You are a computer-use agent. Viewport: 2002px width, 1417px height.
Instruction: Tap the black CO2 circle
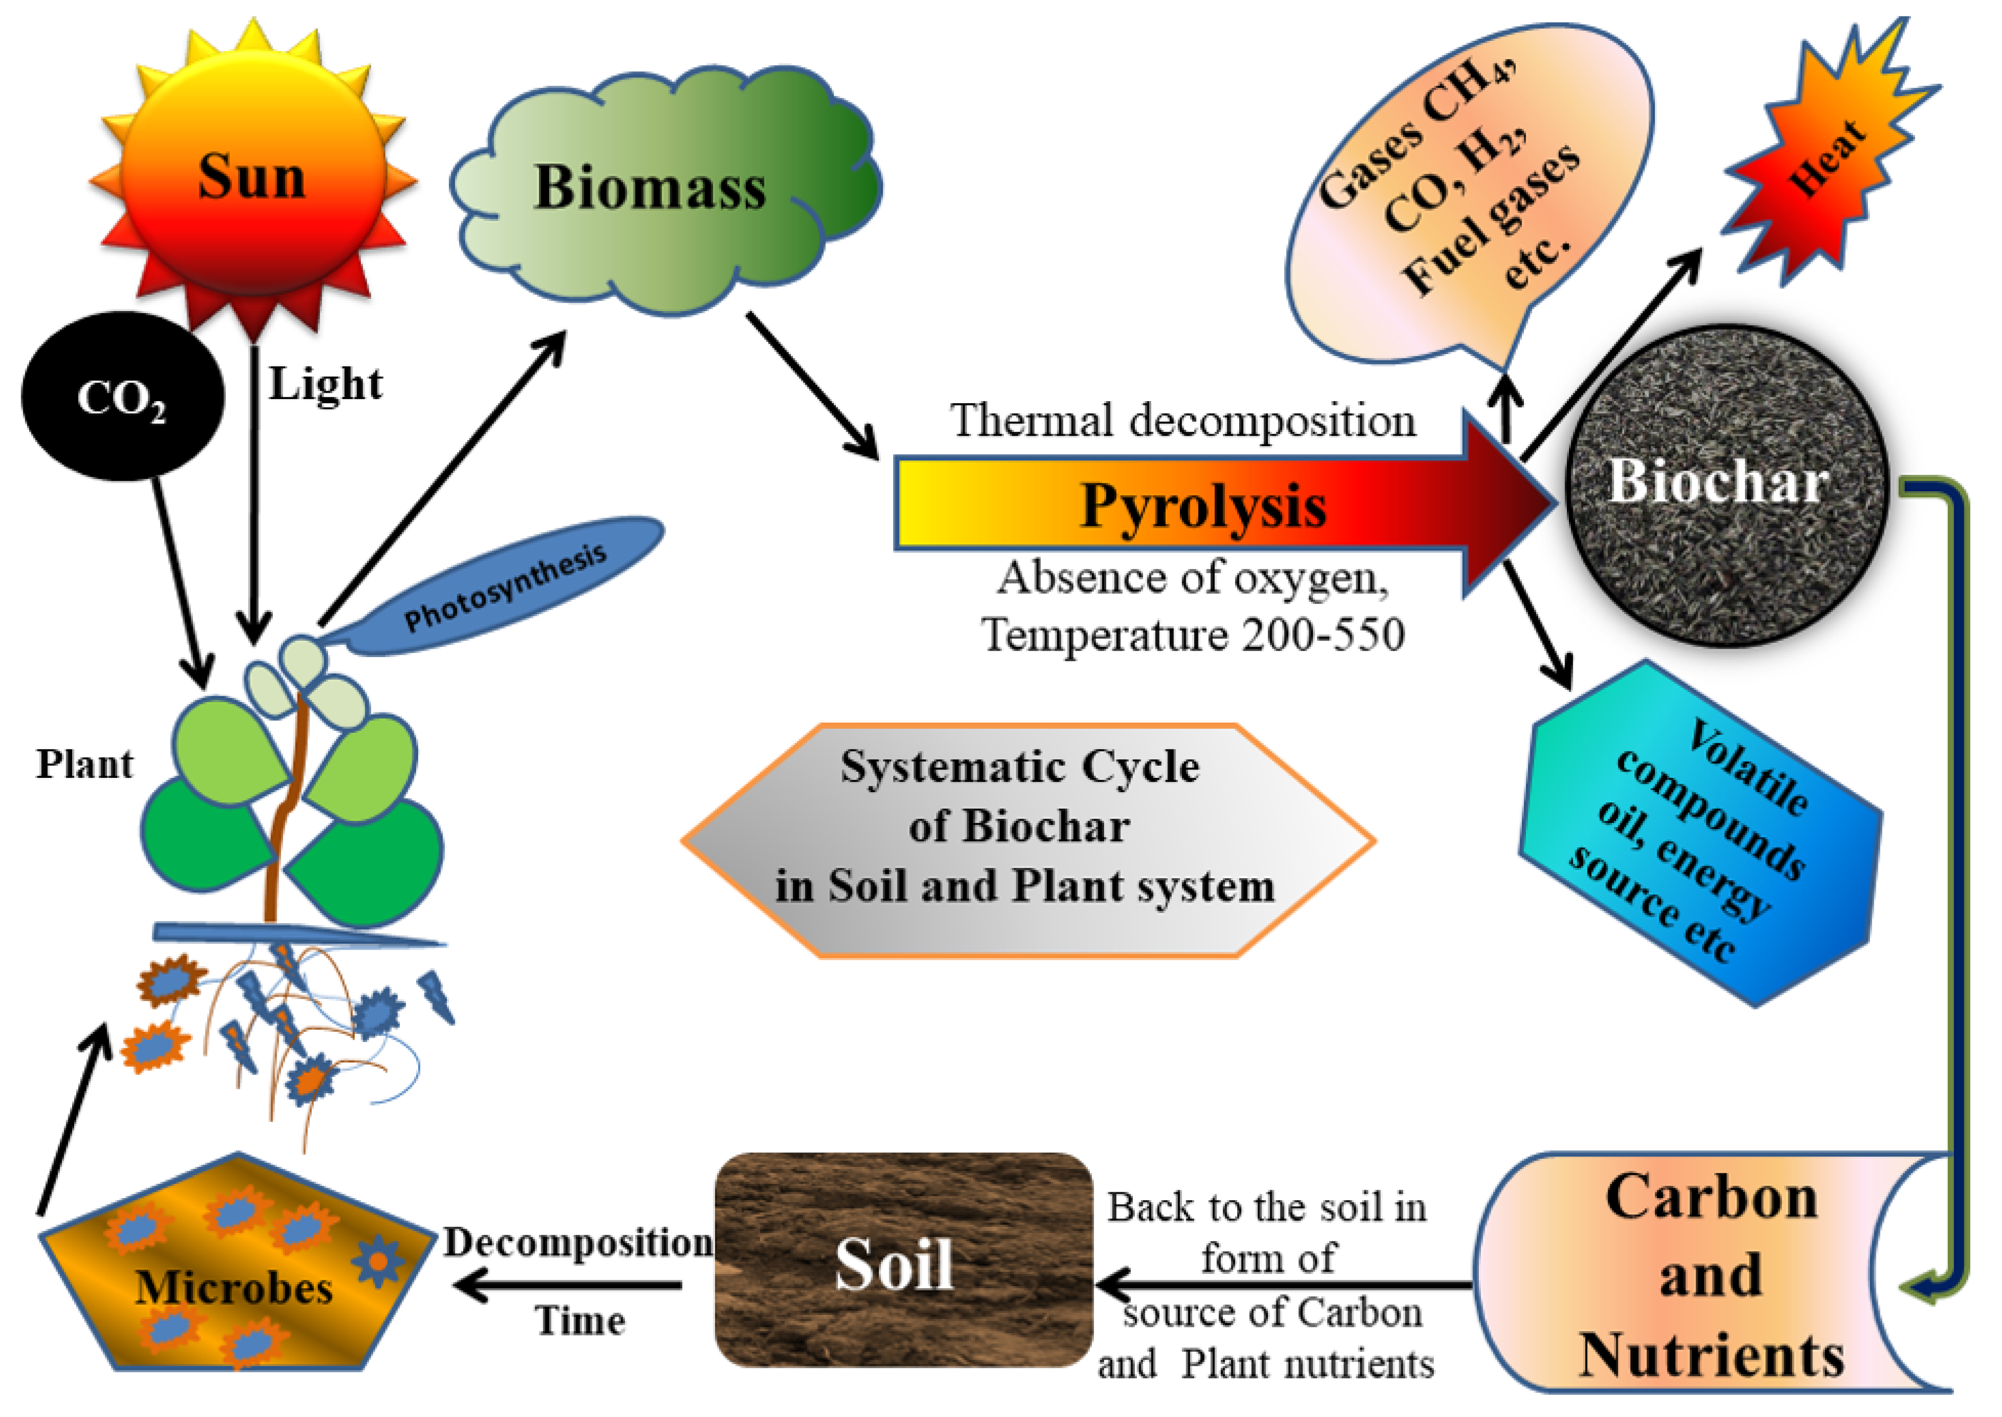(122, 397)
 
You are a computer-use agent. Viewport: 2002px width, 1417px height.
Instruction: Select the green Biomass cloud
(650, 188)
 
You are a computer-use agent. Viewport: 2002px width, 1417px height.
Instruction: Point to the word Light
(324, 384)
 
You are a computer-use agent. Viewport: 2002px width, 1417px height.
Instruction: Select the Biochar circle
(1724, 489)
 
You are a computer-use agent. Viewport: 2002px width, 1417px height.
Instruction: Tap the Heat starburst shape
(1828, 157)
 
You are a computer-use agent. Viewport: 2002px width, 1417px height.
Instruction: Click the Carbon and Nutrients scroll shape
(1710, 1274)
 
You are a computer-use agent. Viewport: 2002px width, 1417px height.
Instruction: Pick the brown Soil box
(903, 1261)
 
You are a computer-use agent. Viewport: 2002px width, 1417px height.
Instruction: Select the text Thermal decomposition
(1183, 421)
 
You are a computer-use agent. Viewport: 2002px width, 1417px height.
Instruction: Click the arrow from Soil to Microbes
(567, 1285)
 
